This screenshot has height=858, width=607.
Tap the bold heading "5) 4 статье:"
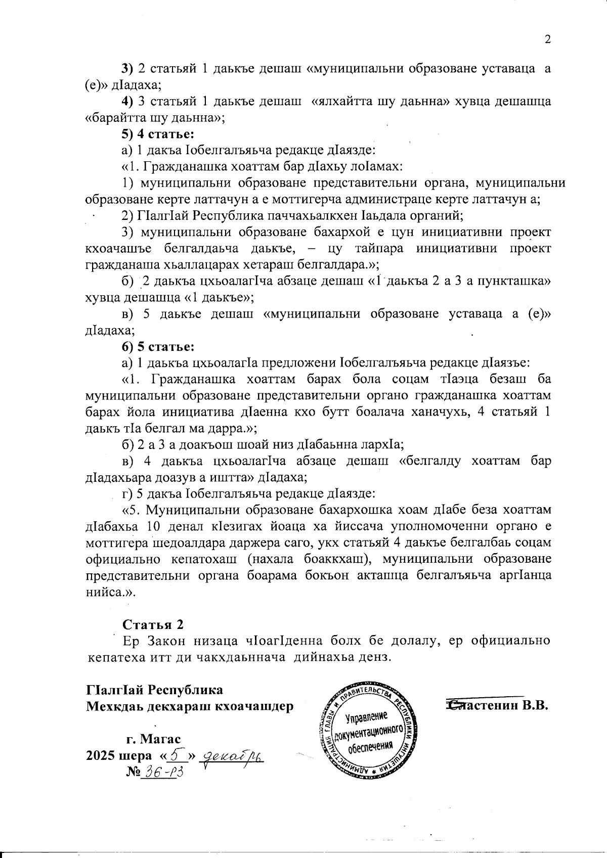pos(159,134)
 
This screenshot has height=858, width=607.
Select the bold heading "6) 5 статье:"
pos(159,347)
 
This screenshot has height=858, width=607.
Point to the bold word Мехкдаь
pos(109,706)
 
